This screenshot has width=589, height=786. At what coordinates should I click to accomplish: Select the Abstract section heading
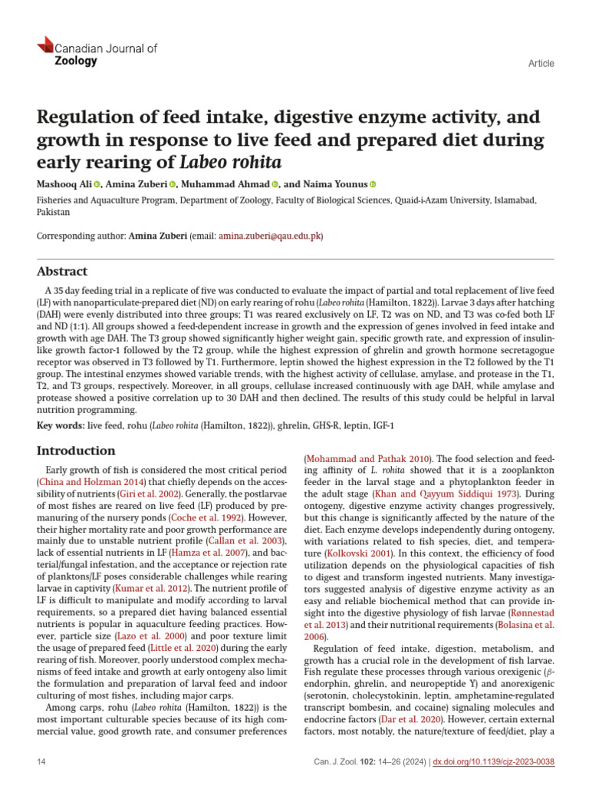[x=62, y=272]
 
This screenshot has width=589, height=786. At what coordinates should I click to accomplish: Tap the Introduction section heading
[x=77, y=451]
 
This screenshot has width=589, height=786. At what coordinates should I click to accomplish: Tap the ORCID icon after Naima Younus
[x=373, y=184]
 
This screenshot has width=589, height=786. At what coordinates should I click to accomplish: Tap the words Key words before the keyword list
[x=61, y=425]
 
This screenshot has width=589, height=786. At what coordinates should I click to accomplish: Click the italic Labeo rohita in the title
[x=231, y=162]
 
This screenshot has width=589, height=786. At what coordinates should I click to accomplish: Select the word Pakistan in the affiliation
[x=53, y=212]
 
